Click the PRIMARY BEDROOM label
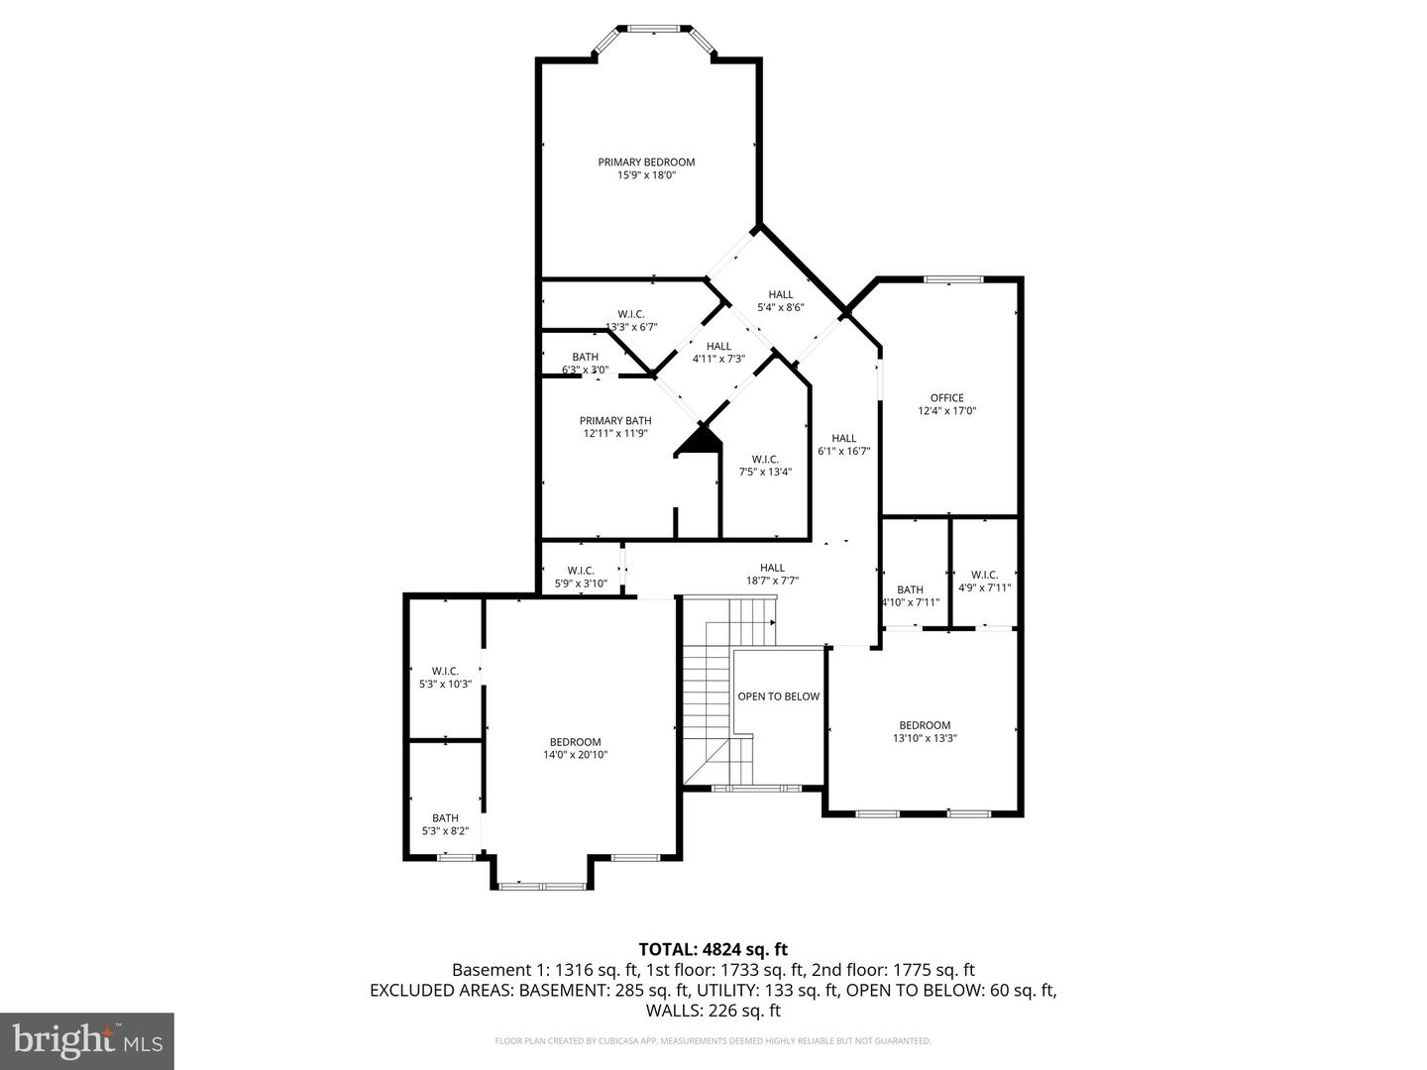tap(646, 162)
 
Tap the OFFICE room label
tap(946, 398)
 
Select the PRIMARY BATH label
tap(615, 421)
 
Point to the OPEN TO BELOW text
tap(778, 696)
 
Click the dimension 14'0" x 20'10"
tap(575, 755)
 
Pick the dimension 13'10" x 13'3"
tap(925, 738)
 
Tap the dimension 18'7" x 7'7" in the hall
tap(772, 582)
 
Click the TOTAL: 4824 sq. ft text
tap(713, 949)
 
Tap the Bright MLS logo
tap(87, 1040)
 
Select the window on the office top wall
tap(953, 279)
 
